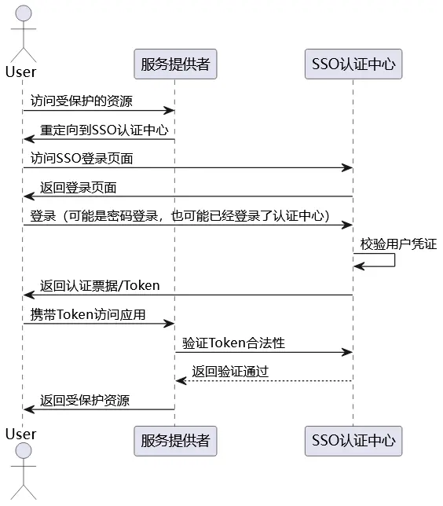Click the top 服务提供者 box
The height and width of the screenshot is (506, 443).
[x=175, y=64]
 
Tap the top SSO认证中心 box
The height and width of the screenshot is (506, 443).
[x=353, y=64]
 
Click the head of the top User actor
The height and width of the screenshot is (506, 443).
[x=22, y=13]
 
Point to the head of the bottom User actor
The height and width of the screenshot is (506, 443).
[x=22, y=452]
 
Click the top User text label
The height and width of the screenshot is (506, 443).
[x=21, y=72]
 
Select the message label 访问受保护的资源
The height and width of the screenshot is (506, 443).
[x=82, y=101]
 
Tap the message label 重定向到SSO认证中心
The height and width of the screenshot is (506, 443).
[x=104, y=130]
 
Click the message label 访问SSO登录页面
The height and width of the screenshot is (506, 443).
[x=82, y=158]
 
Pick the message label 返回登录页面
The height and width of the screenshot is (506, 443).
[x=79, y=188]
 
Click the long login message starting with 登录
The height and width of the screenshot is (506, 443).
[x=180, y=215]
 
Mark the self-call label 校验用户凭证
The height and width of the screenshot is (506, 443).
[x=398, y=244]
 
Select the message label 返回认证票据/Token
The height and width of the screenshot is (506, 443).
[x=100, y=285]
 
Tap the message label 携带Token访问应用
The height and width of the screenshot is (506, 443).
[x=88, y=314]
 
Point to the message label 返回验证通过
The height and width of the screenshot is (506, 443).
[x=230, y=372]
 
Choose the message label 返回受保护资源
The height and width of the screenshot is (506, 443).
[x=85, y=400]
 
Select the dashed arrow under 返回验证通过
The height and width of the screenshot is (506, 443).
[x=264, y=381]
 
